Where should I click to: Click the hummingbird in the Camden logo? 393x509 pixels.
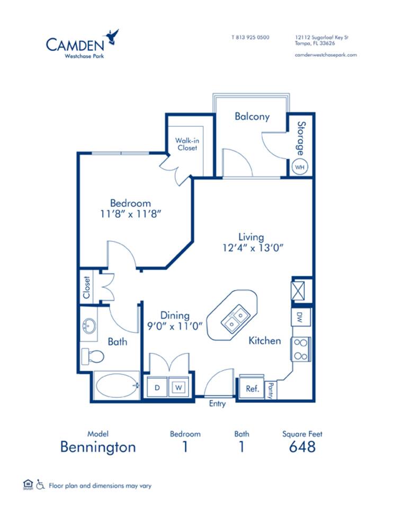point(112,37)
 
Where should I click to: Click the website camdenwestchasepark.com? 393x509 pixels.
point(326,55)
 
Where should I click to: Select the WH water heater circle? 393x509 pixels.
point(300,166)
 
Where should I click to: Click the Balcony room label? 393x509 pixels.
point(252,117)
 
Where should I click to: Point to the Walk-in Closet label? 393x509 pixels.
point(186,144)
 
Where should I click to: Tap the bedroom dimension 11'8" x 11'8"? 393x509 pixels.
point(130,214)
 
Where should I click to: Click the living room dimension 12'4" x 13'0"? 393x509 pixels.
point(251,248)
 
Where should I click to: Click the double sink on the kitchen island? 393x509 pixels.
point(233,319)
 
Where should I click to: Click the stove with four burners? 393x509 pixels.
point(300,349)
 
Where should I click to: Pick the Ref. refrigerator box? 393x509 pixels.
point(252,389)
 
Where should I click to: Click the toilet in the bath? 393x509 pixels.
point(92,355)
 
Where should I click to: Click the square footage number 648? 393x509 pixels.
point(302,446)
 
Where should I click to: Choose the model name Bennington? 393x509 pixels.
point(98,446)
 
